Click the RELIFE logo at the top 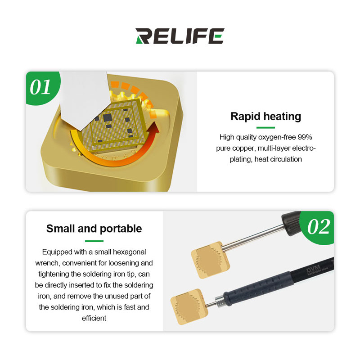coord(180,36)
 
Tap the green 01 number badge coord(41,87)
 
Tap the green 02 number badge coord(318,227)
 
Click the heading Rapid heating coord(265,117)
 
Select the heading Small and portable coord(94,229)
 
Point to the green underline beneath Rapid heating coord(265,127)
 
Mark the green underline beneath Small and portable coord(94,241)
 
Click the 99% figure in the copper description coord(305,137)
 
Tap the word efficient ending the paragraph coord(94,318)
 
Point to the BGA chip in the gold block coord(114,126)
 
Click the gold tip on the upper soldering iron coord(210,260)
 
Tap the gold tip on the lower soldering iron coord(189,306)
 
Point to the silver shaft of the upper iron coord(253,238)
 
